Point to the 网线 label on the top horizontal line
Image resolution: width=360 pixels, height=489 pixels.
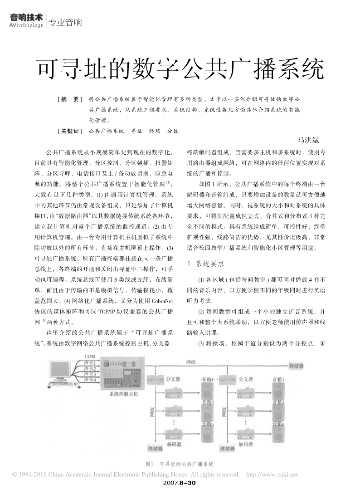pos(191,362)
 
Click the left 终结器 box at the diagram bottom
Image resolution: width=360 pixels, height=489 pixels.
pos(155,449)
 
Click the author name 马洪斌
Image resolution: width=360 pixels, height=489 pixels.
pos(308,140)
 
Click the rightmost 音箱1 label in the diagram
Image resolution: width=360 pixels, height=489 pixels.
pos(278,379)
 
